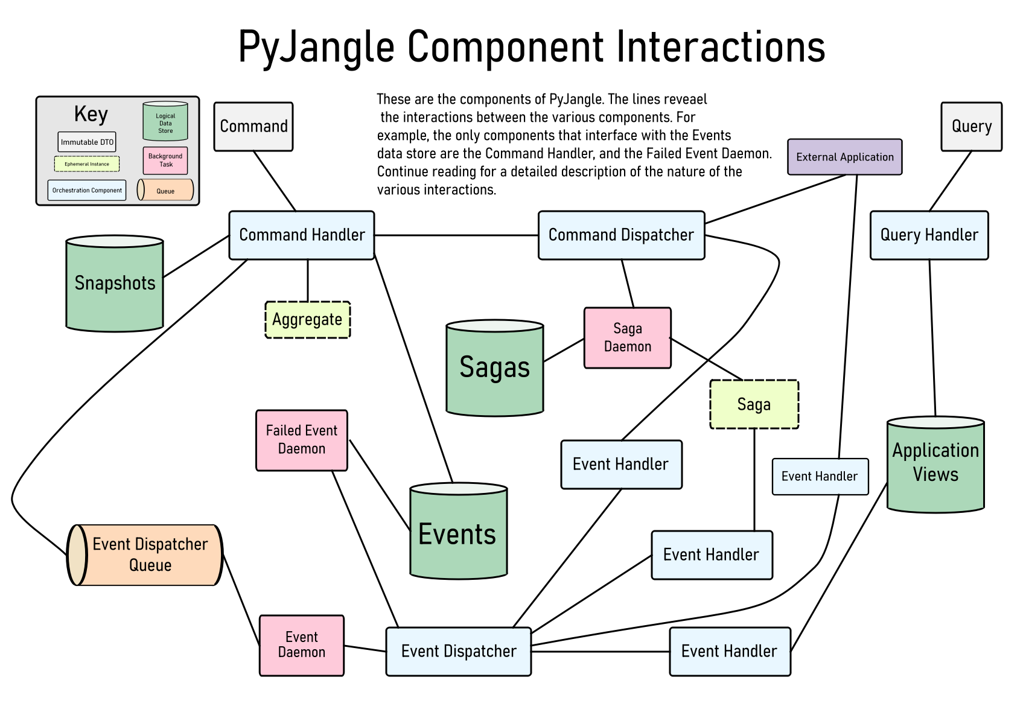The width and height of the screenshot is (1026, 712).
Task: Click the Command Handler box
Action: coord(301,235)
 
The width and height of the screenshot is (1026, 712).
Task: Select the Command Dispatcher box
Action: coord(621,235)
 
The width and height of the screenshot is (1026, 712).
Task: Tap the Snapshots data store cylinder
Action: coord(115,284)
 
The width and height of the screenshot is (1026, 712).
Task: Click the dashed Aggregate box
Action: coord(307,320)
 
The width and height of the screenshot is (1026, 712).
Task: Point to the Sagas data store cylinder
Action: coord(494,368)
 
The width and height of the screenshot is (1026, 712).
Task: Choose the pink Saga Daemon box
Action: coord(627,338)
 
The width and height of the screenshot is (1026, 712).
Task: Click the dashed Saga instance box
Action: coord(754,404)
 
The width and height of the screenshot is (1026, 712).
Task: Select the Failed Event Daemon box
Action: coord(301,440)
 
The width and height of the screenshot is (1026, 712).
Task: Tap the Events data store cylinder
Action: coord(458,534)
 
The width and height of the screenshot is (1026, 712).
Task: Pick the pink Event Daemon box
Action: coord(301,646)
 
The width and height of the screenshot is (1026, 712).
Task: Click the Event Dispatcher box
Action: coord(458,652)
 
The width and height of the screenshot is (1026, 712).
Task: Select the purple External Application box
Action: coord(844,157)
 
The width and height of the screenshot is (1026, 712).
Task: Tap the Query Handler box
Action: coord(929,235)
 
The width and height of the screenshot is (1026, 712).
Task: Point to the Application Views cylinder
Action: coord(935,465)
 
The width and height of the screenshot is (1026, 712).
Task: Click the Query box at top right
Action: coord(971,127)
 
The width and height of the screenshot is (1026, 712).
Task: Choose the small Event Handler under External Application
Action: coord(820,477)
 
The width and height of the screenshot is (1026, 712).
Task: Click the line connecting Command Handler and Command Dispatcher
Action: coord(456,235)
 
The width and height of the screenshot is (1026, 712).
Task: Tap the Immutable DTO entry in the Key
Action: coord(87,142)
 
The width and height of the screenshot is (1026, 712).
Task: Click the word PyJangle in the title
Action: coord(316,47)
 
